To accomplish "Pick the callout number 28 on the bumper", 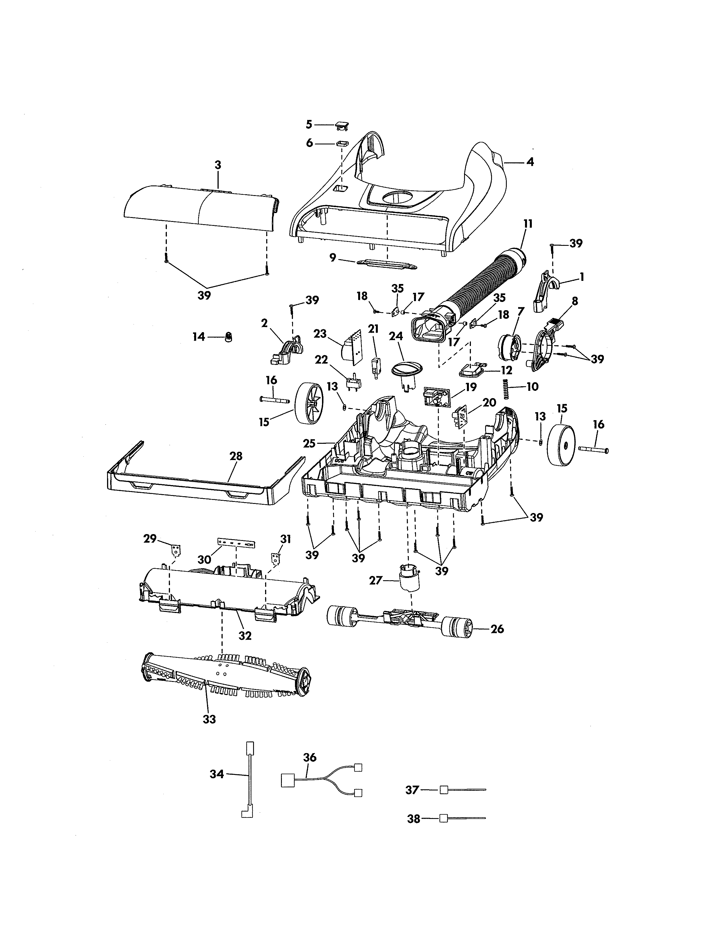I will (236, 456).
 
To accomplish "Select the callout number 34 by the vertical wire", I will (216, 774).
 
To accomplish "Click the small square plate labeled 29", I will (176, 549).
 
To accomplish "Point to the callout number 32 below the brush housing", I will (245, 635).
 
